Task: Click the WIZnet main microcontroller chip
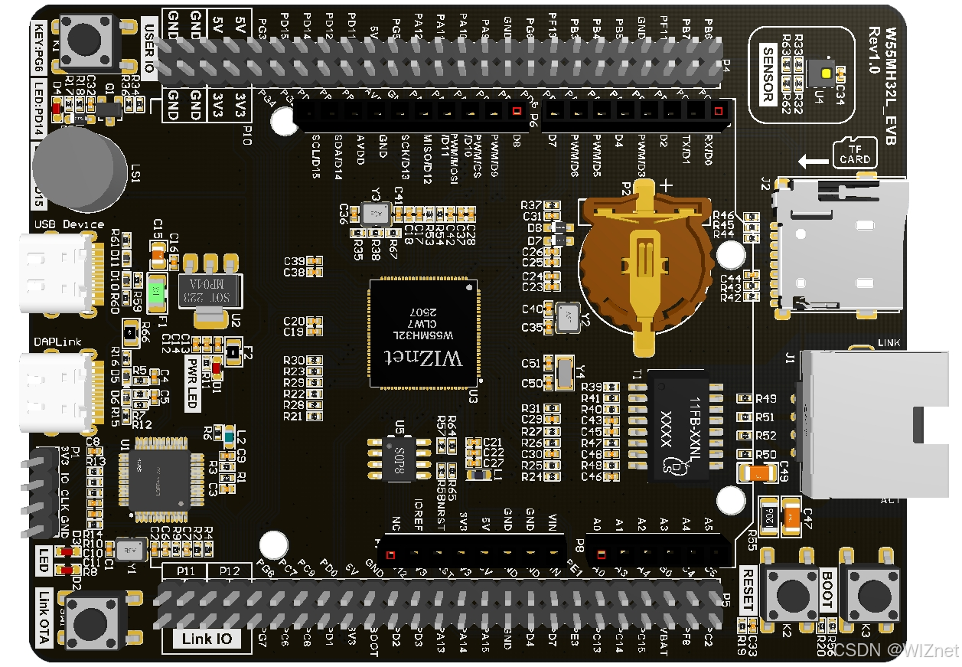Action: point(423,334)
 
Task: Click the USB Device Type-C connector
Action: point(57,273)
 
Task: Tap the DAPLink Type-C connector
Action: point(57,393)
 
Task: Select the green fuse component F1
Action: point(156,291)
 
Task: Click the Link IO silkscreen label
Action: point(207,639)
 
